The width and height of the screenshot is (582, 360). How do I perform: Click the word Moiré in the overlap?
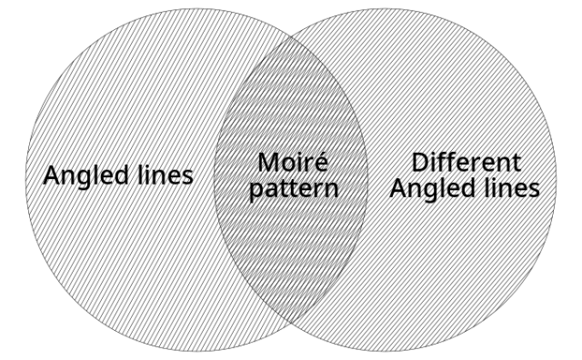(291, 164)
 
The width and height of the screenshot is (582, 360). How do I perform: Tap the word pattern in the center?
(291, 190)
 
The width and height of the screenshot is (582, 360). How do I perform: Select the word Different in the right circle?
(467, 164)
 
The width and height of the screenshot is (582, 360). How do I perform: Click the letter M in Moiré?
(269, 164)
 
